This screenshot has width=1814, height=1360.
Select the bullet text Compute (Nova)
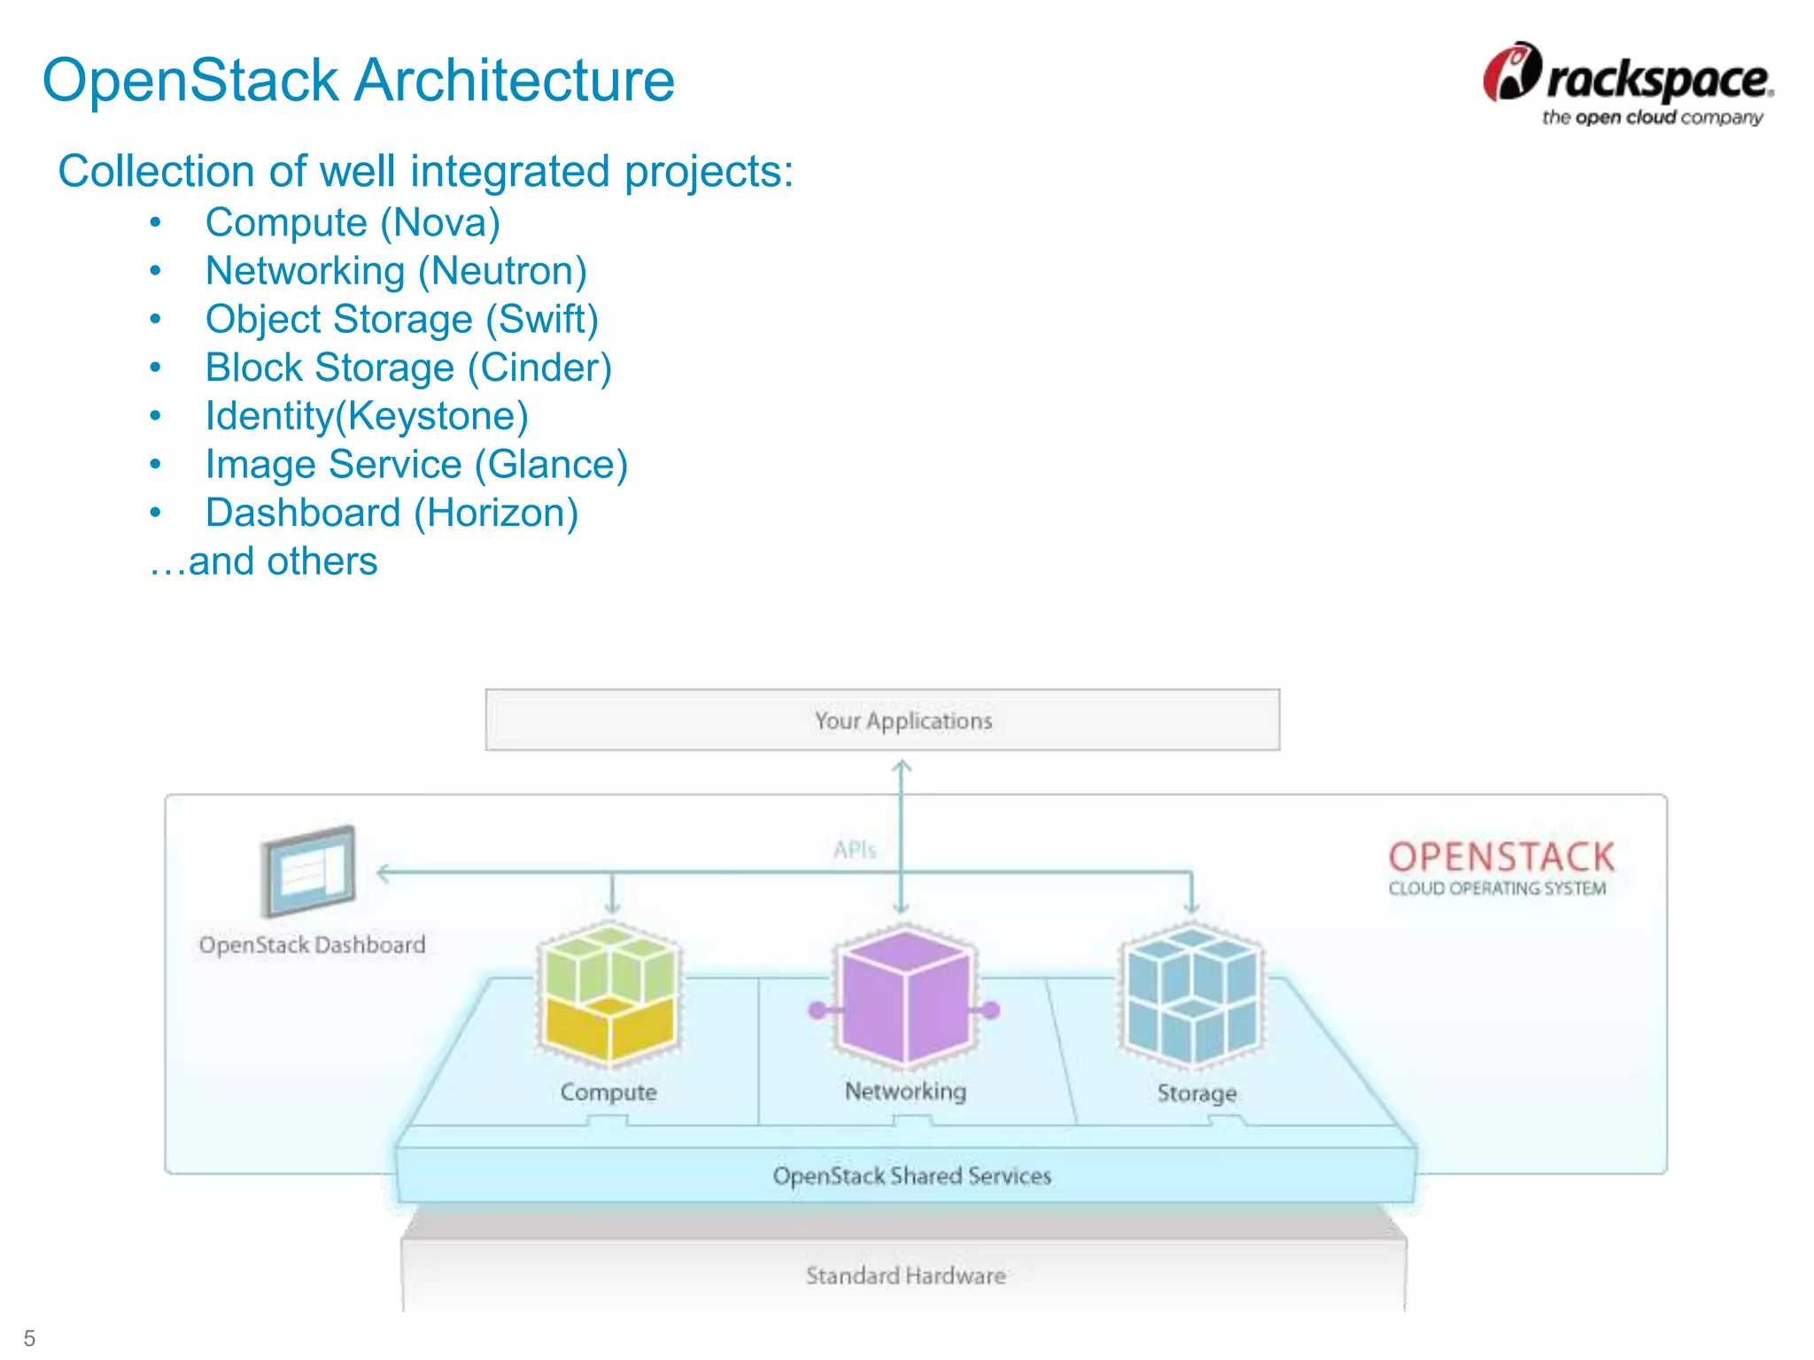tap(353, 222)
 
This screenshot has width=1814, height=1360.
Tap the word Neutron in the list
tap(502, 271)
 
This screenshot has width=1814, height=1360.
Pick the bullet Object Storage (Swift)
tap(402, 320)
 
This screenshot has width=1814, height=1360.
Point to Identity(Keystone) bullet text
tap(367, 416)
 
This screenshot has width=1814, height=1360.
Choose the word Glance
tap(551, 465)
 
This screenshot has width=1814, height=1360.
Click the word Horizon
tap(496, 514)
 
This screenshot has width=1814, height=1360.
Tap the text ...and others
tap(264, 561)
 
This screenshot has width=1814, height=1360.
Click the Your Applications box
tap(882, 720)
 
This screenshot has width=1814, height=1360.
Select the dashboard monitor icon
tap(308, 871)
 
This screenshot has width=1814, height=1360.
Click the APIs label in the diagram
tap(855, 850)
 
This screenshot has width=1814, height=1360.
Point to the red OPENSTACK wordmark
tap(1501, 857)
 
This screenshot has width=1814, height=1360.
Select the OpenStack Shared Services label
tap(911, 1176)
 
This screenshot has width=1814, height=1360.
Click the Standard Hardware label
tap(905, 1276)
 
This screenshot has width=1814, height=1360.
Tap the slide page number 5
tap(29, 1338)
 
